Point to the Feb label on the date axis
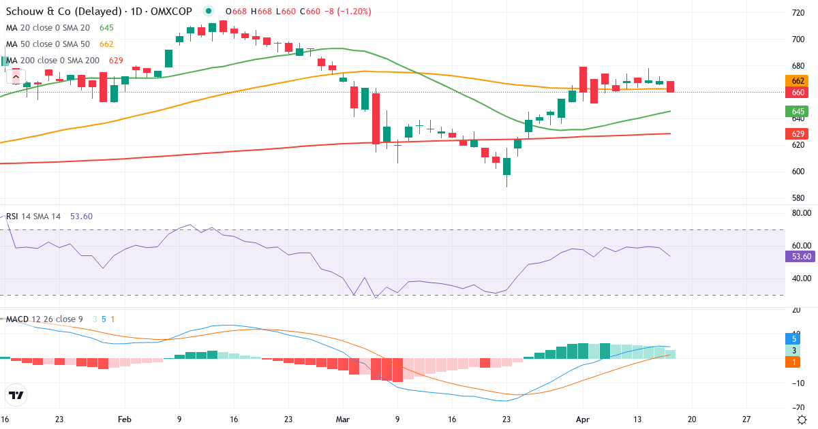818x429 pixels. coord(123,419)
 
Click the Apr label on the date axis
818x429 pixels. coord(582,419)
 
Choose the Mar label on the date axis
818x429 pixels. coord(342,419)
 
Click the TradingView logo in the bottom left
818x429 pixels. coord(16,395)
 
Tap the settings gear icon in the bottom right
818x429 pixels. coord(802,419)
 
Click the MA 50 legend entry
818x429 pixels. coord(50,44)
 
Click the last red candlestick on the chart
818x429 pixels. coord(671,86)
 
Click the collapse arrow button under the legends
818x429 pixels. coord(16,77)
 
